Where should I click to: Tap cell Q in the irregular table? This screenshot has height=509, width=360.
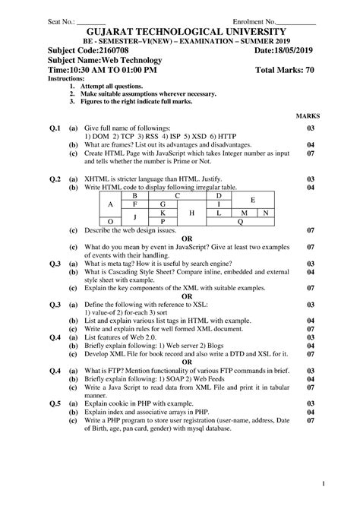pyautogui.click(x=241, y=222)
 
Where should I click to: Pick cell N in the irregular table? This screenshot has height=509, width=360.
pyautogui.click(x=265, y=213)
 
